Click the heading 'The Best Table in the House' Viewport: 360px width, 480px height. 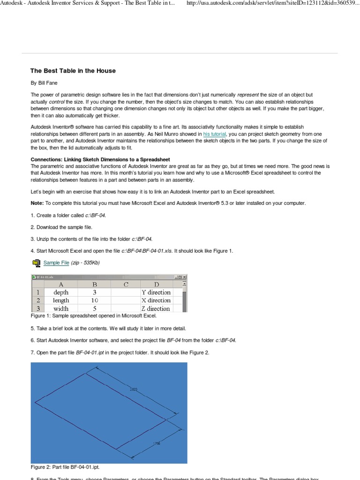73,71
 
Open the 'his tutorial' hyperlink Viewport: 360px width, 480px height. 215,134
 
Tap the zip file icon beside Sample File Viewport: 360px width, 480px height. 36,263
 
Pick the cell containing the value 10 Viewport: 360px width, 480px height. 94,300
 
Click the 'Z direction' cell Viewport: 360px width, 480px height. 156,308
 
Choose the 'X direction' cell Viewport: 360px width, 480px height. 156,300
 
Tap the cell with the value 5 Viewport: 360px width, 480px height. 94,308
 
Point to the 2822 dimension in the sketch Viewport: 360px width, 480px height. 134,389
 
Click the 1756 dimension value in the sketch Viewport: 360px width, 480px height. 156,443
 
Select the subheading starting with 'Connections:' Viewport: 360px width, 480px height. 100,160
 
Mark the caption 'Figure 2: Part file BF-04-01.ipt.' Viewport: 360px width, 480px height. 65,467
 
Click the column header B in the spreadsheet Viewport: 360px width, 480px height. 94,284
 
